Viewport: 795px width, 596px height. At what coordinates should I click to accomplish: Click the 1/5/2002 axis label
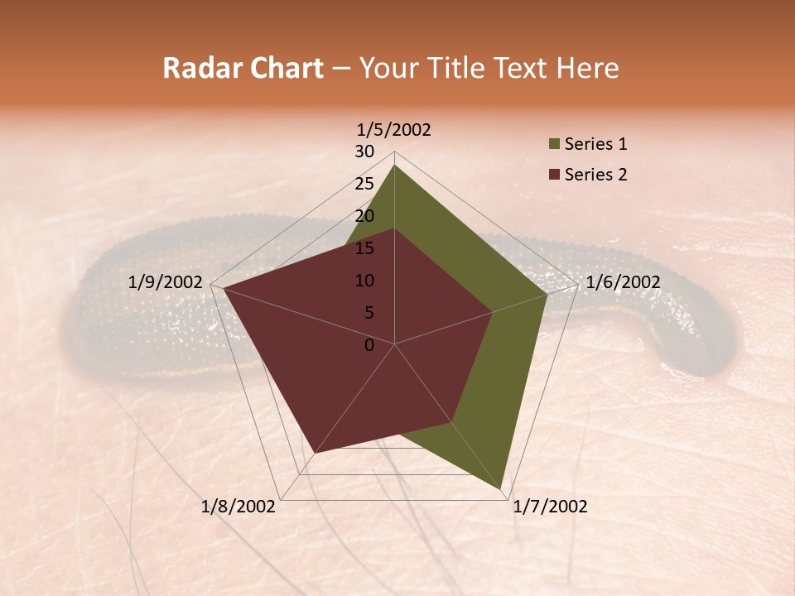(393, 130)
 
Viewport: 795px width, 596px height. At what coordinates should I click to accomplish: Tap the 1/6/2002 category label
(623, 282)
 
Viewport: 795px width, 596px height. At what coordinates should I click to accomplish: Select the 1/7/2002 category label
(550, 507)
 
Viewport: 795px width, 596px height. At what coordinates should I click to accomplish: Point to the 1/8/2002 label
(238, 507)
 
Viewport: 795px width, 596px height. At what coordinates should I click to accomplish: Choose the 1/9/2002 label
(166, 282)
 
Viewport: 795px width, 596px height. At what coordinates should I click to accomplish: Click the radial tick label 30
(364, 151)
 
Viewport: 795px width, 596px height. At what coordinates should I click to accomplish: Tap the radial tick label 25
(364, 184)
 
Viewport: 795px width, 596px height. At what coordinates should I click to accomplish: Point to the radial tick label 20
(364, 216)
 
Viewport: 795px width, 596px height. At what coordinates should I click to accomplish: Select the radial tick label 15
(364, 248)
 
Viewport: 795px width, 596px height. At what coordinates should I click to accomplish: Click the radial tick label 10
(364, 281)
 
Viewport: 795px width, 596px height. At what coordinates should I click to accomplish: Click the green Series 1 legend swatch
(554, 145)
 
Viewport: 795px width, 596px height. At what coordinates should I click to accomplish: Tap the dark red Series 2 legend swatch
(554, 175)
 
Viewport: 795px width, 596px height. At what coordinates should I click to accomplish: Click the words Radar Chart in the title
(243, 69)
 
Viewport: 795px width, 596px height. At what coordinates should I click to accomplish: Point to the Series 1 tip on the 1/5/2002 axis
(394, 166)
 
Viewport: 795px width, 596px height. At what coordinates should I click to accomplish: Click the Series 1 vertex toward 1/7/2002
(502, 489)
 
